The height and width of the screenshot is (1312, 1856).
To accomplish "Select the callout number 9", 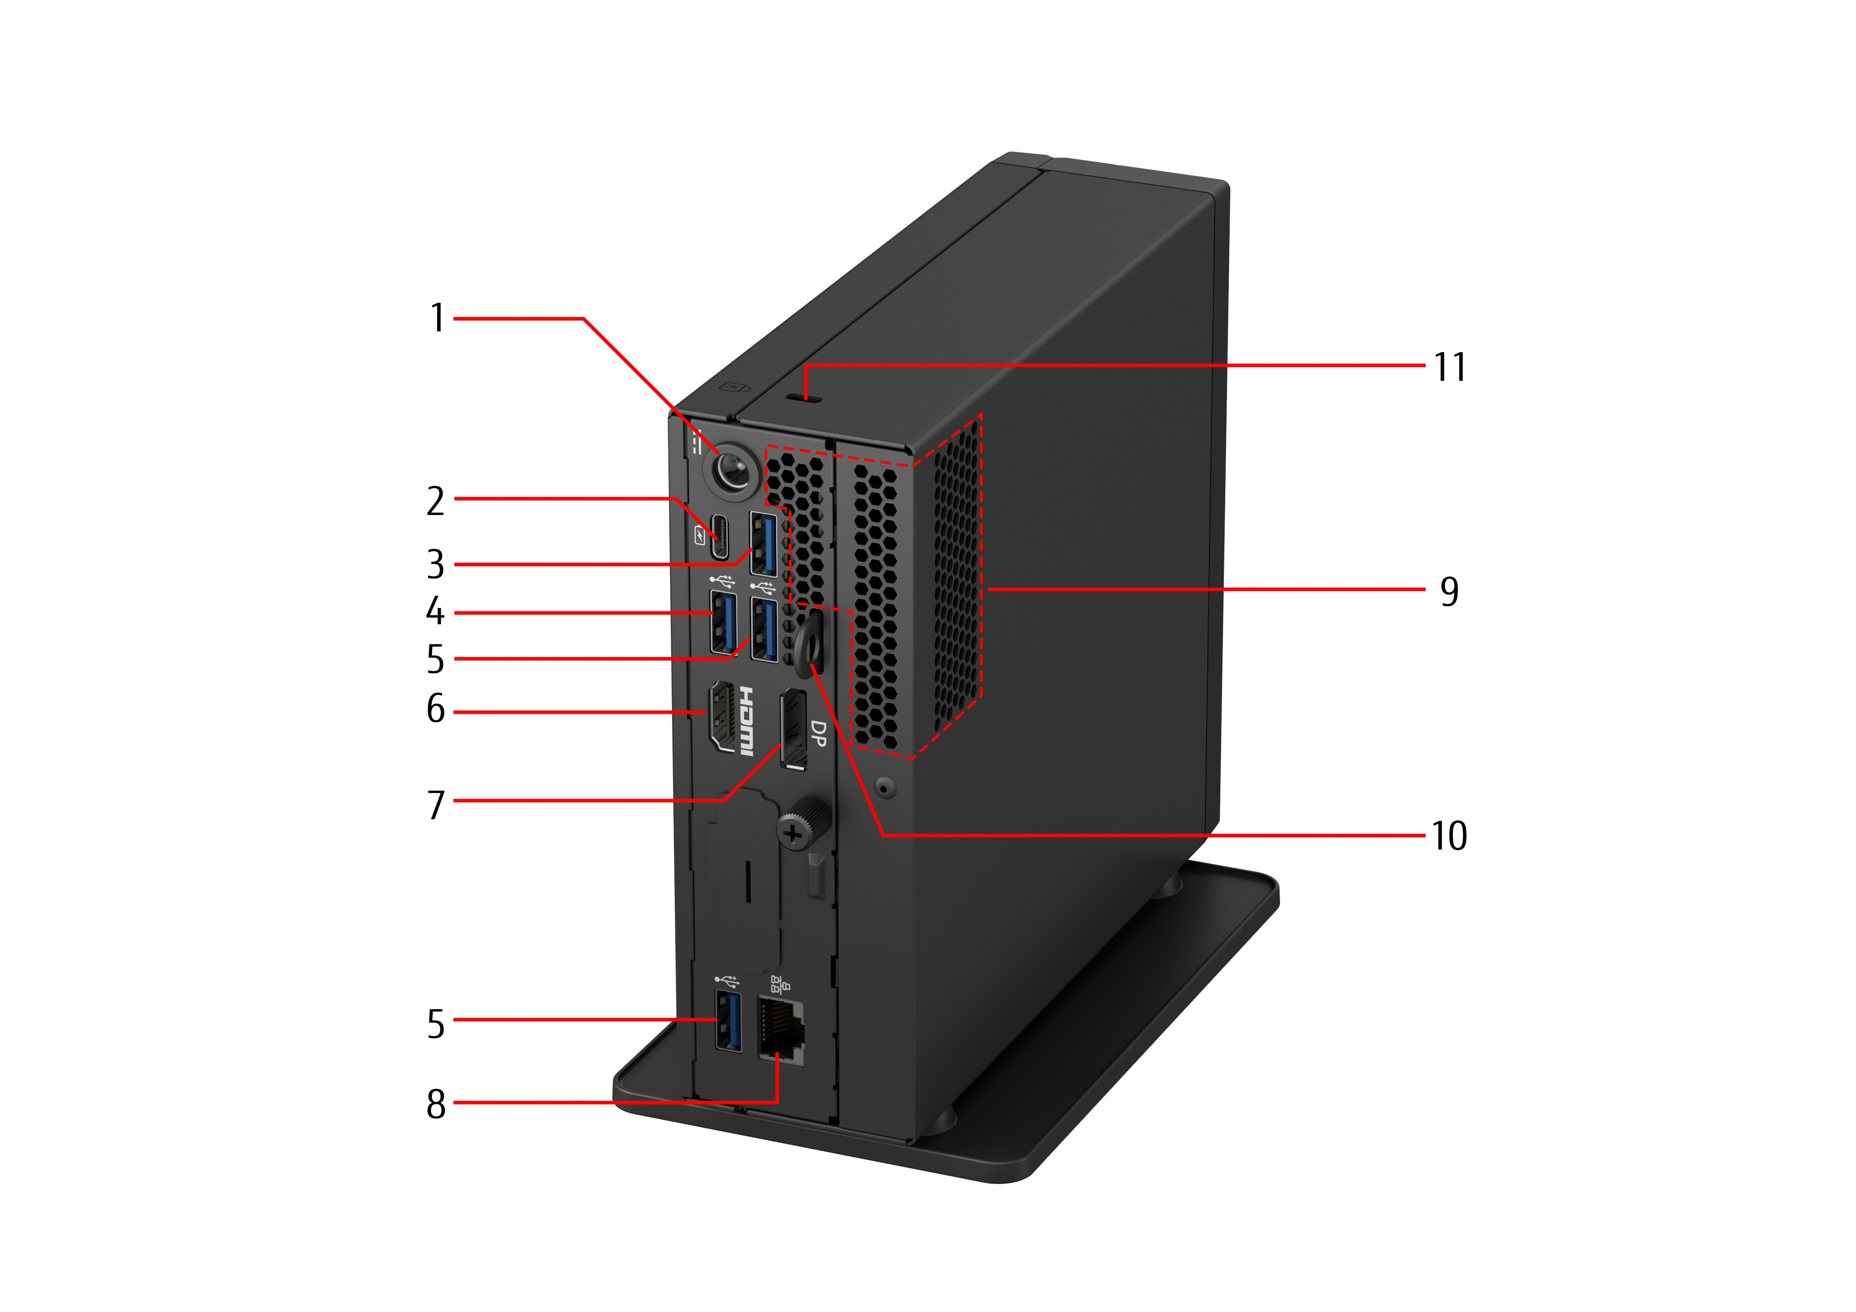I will tap(1449, 591).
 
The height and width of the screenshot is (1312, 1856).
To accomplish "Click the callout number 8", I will tap(436, 1103).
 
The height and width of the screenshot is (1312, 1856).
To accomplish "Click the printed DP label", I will tap(818, 733).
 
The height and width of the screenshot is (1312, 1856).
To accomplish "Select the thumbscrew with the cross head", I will tap(794, 832).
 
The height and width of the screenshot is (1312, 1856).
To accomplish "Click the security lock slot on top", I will tap(806, 398).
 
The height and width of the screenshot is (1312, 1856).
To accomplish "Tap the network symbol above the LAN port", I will tap(779, 985).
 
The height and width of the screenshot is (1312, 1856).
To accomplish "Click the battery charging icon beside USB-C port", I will tap(700, 535).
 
